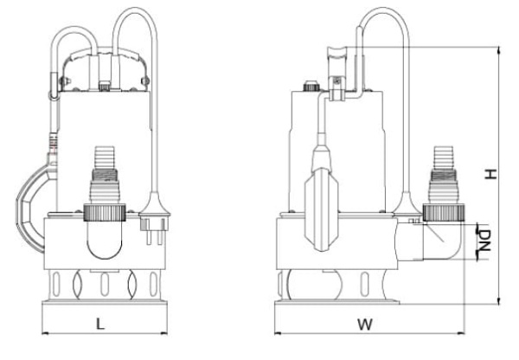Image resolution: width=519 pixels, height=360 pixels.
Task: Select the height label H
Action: [490, 173]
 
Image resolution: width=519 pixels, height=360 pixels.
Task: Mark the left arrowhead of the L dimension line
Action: [44, 333]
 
